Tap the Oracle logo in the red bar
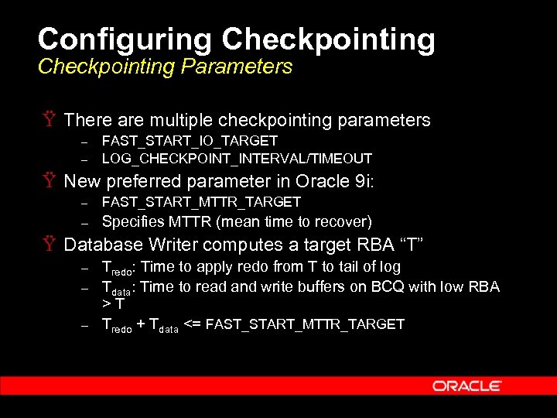tap(467, 385)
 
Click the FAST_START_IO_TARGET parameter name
tap(190, 141)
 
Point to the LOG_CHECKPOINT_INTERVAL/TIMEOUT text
tap(237, 159)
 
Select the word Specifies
tap(132, 221)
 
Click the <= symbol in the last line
tap(193, 324)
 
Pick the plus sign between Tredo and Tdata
tap(140, 324)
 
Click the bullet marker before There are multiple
tap(47, 120)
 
